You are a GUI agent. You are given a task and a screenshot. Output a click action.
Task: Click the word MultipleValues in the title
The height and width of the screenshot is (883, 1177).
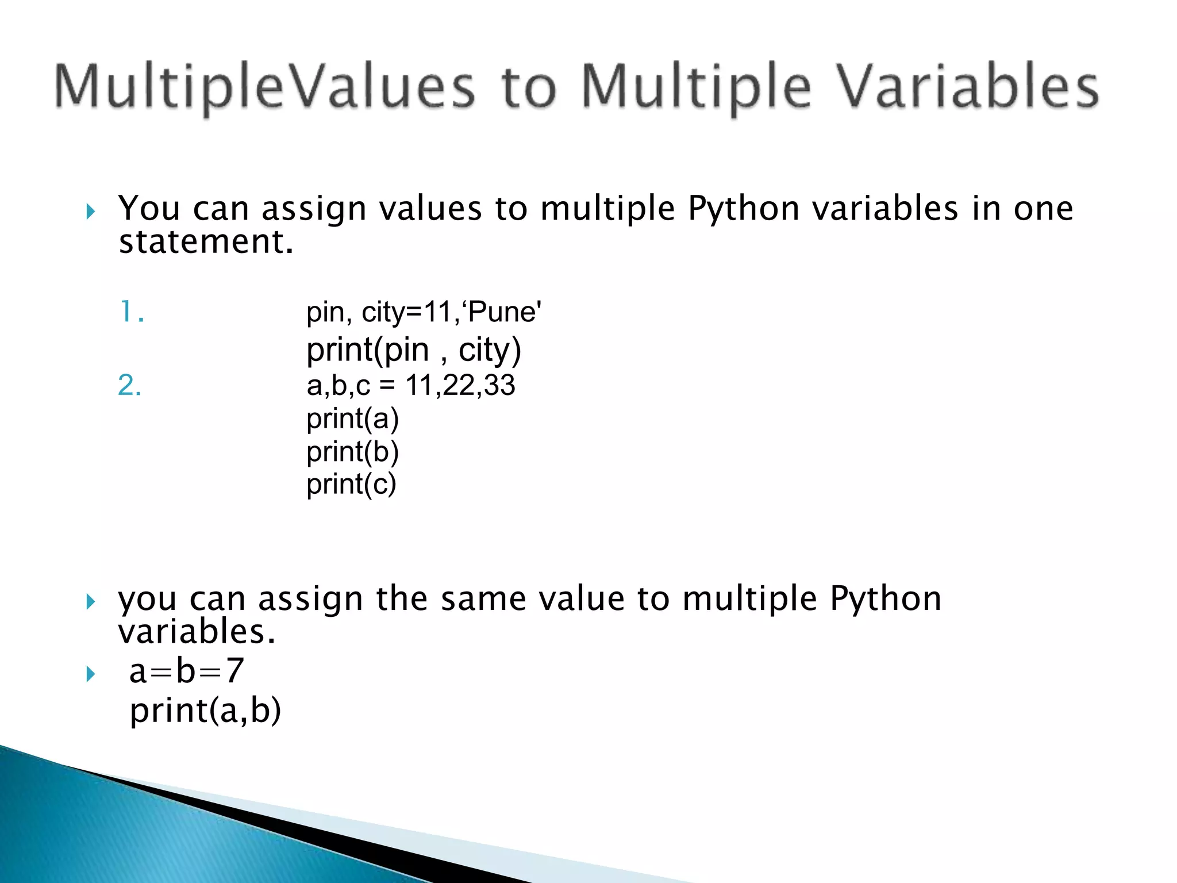click(x=264, y=87)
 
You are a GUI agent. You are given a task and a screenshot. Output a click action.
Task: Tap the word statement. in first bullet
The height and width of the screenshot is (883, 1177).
click(x=206, y=241)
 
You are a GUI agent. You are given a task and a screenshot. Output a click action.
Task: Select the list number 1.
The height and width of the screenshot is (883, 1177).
click(x=131, y=312)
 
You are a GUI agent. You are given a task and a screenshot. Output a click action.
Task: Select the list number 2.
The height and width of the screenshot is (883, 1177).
click(x=129, y=385)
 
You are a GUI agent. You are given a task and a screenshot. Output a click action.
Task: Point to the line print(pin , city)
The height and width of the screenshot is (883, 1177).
click(x=413, y=350)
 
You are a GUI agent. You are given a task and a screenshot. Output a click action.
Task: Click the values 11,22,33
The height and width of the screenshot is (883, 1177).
click(x=460, y=385)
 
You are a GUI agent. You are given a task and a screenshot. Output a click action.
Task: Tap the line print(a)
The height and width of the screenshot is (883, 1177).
click(x=352, y=419)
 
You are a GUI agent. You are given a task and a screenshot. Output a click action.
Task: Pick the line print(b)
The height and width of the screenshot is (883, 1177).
click(x=352, y=452)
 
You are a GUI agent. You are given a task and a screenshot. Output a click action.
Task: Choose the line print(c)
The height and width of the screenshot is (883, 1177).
click(x=351, y=485)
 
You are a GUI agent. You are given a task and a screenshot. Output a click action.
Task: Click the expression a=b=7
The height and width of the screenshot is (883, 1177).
click(x=186, y=671)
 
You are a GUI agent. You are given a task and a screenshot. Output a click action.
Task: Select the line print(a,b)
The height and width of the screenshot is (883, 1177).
click(x=205, y=711)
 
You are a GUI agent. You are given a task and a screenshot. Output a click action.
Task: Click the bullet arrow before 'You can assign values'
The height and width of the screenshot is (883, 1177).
click(x=90, y=212)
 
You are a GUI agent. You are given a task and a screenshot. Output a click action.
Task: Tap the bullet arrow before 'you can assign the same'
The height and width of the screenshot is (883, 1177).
click(x=90, y=602)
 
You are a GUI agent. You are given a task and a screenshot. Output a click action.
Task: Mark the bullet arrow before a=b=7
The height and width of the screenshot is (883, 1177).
click(x=90, y=674)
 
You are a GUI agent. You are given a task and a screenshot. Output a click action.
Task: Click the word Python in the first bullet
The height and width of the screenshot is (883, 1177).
click(x=744, y=208)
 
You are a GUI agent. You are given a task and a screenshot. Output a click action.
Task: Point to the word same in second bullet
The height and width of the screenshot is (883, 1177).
click(x=483, y=599)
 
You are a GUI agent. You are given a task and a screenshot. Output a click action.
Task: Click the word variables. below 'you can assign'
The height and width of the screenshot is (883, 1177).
click(x=197, y=632)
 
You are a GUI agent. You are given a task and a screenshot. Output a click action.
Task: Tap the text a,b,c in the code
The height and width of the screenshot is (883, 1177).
click(x=338, y=385)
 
